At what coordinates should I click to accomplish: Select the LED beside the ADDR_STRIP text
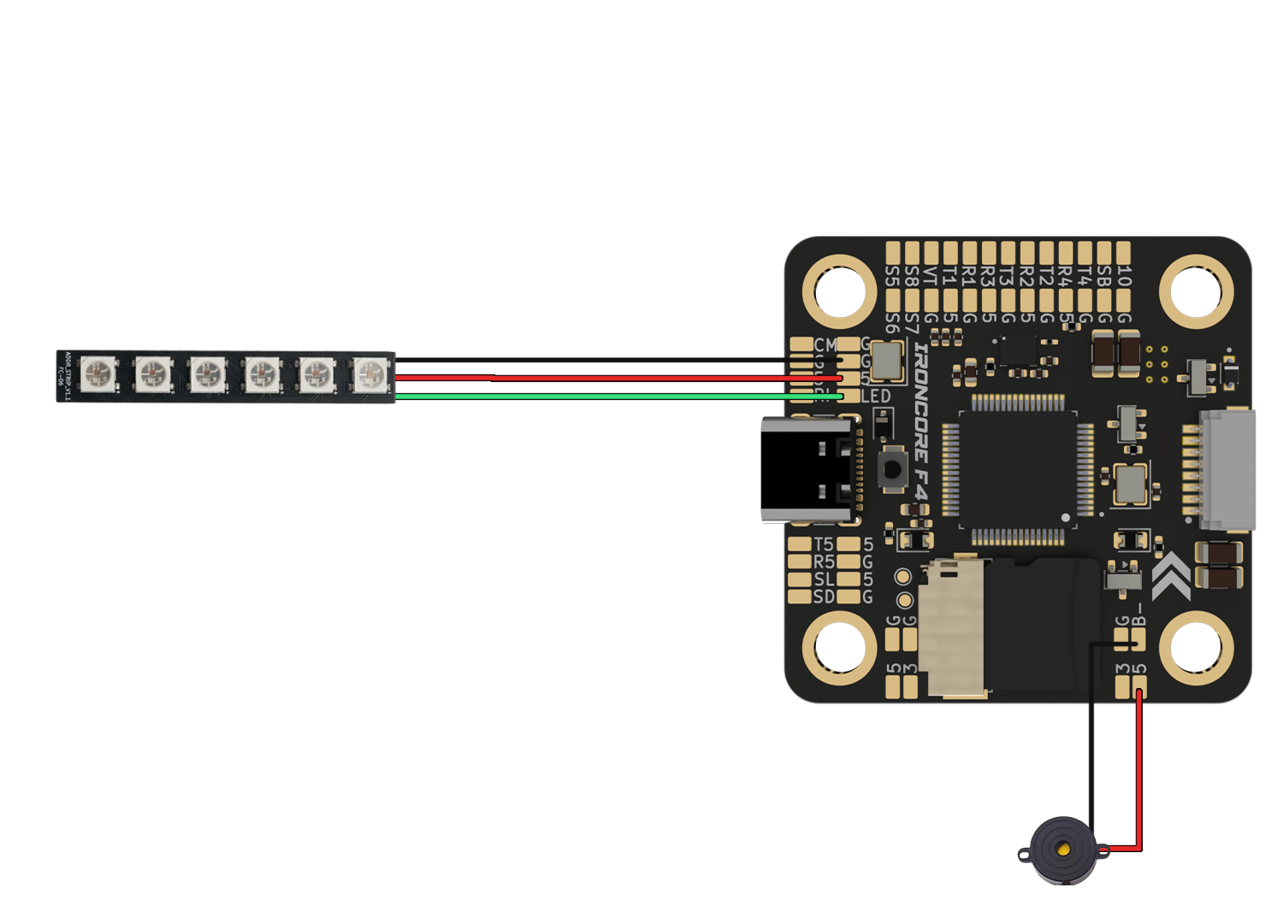[99, 374]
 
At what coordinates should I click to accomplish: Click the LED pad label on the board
[876, 397]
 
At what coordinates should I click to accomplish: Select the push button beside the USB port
[892, 469]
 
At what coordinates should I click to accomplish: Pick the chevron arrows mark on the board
[1170, 579]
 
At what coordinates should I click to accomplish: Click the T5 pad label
[824, 544]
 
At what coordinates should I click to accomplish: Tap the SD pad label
[824, 597]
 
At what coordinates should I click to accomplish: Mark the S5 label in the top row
[892, 277]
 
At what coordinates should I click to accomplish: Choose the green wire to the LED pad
[599, 397]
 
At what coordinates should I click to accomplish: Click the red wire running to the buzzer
[1138, 769]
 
